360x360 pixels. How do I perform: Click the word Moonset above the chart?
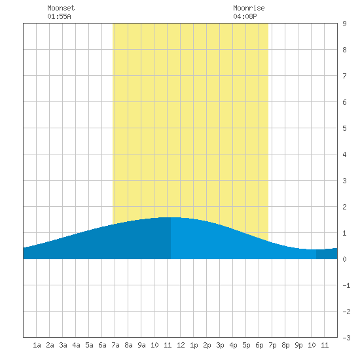(x=61, y=8)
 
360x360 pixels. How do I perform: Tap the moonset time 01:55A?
(x=59, y=16)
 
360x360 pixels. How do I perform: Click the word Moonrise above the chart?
(x=249, y=8)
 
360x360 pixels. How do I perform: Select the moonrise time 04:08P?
(x=245, y=16)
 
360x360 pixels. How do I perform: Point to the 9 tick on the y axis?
(x=344, y=24)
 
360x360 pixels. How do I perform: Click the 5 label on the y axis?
(x=344, y=128)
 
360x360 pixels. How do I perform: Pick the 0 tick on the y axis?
(x=344, y=259)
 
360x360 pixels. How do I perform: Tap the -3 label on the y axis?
(x=346, y=338)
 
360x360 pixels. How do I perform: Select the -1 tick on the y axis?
(x=346, y=285)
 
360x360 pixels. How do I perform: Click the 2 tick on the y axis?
(x=344, y=207)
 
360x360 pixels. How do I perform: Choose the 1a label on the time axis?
(x=37, y=345)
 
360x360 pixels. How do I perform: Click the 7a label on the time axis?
(x=115, y=345)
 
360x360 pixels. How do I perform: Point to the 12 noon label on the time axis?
(x=181, y=345)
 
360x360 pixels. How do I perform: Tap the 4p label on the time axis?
(x=233, y=345)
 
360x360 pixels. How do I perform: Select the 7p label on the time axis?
(x=272, y=345)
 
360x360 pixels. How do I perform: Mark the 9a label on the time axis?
(x=141, y=345)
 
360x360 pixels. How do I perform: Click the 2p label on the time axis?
(x=207, y=345)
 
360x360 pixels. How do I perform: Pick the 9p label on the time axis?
(x=298, y=345)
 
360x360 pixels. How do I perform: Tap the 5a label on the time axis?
(x=89, y=345)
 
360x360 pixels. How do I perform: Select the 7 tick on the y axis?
(x=344, y=76)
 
